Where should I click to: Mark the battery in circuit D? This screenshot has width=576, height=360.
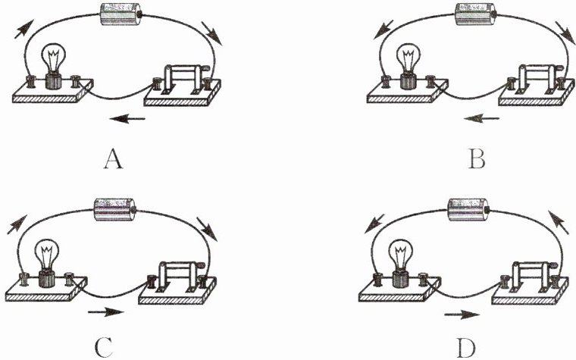pyautogui.click(x=470, y=208)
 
